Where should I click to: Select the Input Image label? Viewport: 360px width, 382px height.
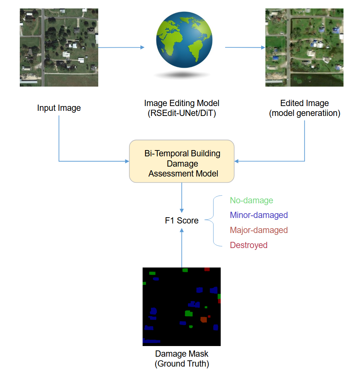click(x=59, y=108)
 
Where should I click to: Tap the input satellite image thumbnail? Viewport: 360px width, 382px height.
click(x=59, y=47)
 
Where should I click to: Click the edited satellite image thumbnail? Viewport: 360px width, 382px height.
click(x=304, y=47)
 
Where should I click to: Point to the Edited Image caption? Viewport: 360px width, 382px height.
click(x=304, y=103)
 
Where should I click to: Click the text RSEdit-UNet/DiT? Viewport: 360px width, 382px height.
click(x=182, y=113)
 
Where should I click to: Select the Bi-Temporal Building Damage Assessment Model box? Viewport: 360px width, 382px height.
click(x=182, y=161)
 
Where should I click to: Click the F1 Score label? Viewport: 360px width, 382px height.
click(x=182, y=221)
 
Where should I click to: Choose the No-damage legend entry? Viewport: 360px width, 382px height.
click(x=251, y=200)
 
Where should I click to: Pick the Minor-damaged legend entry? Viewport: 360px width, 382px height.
click(x=259, y=215)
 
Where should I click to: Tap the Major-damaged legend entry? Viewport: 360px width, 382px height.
click(x=259, y=230)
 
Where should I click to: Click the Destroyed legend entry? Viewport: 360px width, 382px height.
click(x=249, y=245)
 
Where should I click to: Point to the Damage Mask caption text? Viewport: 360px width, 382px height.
click(x=182, y=354)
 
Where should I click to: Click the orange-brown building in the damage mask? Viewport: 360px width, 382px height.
click(x=203, y=320)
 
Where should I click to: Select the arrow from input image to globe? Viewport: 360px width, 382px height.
click(x=121, y=47)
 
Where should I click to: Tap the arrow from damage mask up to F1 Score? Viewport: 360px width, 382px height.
click(x=182, y=248)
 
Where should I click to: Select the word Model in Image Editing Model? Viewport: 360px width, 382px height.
click(x=207, y=103)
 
